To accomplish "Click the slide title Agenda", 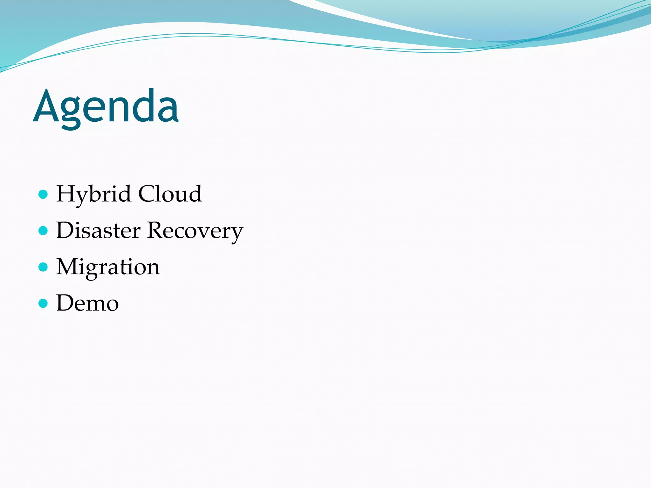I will coord(106,106).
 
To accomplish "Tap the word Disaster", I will coord(98,230).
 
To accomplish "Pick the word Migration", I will coord(108,267).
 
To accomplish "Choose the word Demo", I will coord(87,303).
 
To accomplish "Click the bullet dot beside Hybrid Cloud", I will coord(43,194).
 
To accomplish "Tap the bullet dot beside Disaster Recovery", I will coord(43,230).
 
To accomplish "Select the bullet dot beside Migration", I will coord(43,267).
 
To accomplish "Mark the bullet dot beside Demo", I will coord(43,303).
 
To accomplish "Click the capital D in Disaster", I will coord(65,230).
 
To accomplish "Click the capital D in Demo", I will coord(65,302).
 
